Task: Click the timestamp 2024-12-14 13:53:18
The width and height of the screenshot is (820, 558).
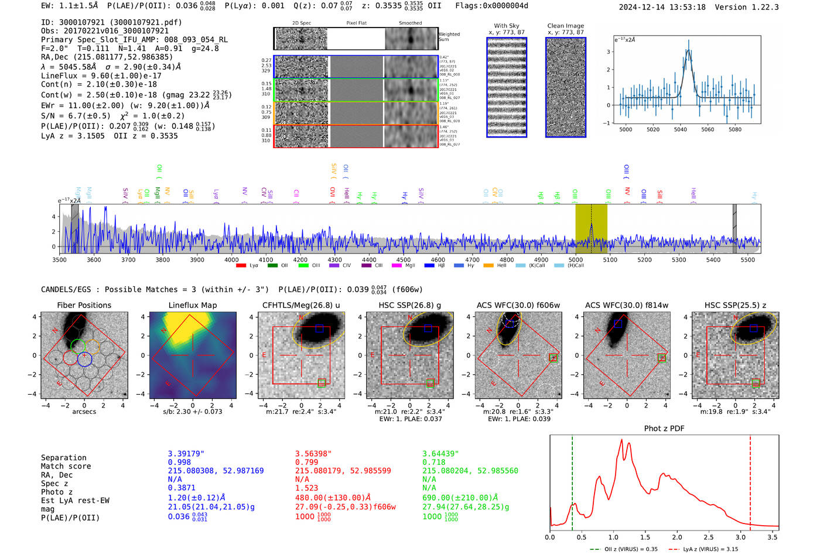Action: pyautogui.click(x=662, y=7)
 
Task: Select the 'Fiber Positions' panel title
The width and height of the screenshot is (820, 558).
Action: pyautogui.click(x=84, y=305)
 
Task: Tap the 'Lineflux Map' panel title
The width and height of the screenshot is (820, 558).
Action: pyautogui.click(x=192, y=305)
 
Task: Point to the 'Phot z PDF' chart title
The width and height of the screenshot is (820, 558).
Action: pyautogui.click(x=664, y=429)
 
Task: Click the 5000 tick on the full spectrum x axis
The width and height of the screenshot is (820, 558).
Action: pyautogui.click(x=576, y=260)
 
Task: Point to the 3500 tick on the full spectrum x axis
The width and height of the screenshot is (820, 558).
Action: pyautogui.click(x=59, y=260)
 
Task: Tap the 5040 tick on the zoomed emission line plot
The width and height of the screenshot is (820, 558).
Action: pyautogui.click(x=680, y=129)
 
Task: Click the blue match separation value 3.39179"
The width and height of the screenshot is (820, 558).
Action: pyautogui.click(x=186, y=454)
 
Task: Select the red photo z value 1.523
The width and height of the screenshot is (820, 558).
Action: pyautogui.click(x=307, y=488)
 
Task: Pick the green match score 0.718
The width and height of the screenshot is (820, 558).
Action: pyautogui.click(x=434, y=463)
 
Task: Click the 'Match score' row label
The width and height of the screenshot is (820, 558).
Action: pyautogui.click(x=66, y=467)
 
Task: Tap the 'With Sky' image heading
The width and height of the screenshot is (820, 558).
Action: pyautogui.click(x=506, y=26)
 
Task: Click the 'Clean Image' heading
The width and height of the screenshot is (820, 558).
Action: pyautogui.click(x=565, y=26)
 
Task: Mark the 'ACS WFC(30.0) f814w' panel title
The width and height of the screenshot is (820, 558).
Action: pyautogui.click(x=626, y=305)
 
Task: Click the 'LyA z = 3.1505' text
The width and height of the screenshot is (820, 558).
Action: pyautogui.click(x=73, y=136)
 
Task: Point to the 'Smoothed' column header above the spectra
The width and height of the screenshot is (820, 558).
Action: pyautogui.click(x=410, y=23)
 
